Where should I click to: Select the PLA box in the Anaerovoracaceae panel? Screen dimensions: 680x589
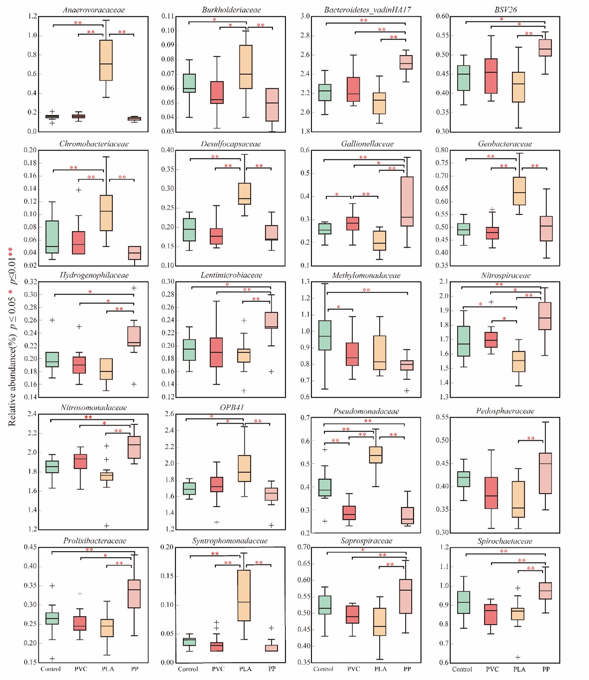coord(106,60)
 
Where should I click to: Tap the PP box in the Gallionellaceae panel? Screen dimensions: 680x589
coord(407,201)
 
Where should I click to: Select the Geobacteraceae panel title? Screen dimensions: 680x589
coord(505,144)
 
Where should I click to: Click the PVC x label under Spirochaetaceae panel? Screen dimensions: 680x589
coord(492,669)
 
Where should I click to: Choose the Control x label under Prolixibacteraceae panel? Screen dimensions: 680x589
coord(51,669)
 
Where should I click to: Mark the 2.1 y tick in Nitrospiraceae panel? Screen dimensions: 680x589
coord(444,281)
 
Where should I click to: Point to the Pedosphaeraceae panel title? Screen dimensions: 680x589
coord(505,411)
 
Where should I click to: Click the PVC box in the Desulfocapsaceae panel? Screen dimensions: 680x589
coord(216,236)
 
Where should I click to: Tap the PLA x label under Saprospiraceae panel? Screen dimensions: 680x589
coord(381,669)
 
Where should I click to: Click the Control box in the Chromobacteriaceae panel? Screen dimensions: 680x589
coord(52,237)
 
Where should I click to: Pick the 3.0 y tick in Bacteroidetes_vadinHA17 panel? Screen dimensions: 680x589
coord(305,16)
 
